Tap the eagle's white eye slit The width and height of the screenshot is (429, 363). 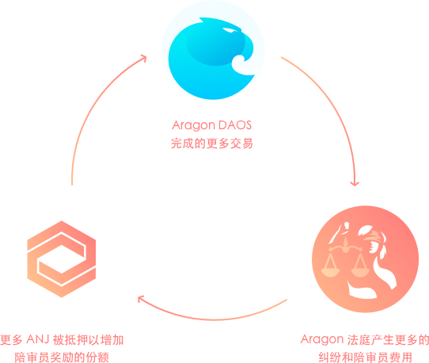click(230, 30)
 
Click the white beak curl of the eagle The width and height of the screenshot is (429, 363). click(242, 65)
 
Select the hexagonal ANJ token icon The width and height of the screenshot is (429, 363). click(62, 259)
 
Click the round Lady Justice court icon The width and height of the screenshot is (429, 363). click(365, 259)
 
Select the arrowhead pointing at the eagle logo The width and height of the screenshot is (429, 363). click(143, 58)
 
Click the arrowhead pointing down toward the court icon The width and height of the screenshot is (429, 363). click(355, 183)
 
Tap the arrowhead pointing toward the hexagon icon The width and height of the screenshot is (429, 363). click(140, 299)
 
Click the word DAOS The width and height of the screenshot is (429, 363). click(235, 125)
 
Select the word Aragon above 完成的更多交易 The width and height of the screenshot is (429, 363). click(193, 125)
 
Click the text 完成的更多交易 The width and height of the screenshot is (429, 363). click(212, 143)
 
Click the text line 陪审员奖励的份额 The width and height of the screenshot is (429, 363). click(62, 357)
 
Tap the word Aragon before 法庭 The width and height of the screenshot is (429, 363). click(322, 340)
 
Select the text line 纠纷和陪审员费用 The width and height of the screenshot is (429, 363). click(365, 357)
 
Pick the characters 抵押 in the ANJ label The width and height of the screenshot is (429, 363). click(77, 340)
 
